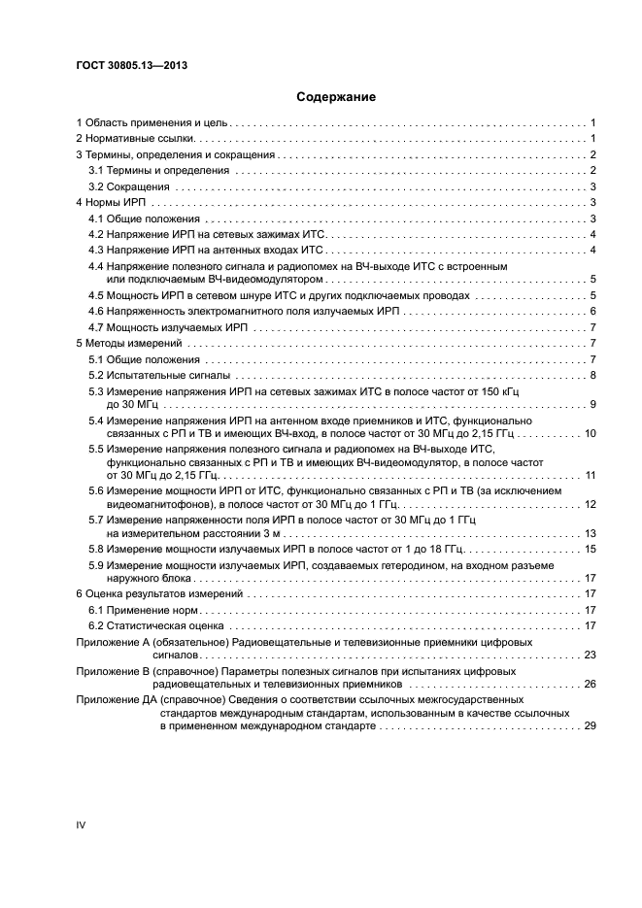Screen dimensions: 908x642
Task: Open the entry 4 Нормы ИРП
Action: pyautogui.click(x=111, y=202)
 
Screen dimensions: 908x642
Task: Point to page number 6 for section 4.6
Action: pyautogui.click(x=591, y=311)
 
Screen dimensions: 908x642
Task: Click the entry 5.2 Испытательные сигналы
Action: pyautogui.click(x=159, y=375)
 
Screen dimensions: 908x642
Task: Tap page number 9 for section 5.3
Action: pyautogui.click(x=591, y=404)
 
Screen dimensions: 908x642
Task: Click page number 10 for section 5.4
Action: pyautogui.click(x=589, y=432)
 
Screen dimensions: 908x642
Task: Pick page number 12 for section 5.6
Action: pyautogui.click(x=589, y=504)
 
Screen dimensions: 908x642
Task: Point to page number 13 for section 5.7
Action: pyautogui.click(x=589, y=533)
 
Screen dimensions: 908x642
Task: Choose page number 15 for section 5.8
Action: pyautogui.click(x=589, y=549)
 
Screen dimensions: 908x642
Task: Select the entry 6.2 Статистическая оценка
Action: pyautogui.click(x=153, y=625)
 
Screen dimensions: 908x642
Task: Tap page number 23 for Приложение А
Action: pyautogui.click(x=589, y=656)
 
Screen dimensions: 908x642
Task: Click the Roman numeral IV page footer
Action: pyautogui.click(x=82, y=824)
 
